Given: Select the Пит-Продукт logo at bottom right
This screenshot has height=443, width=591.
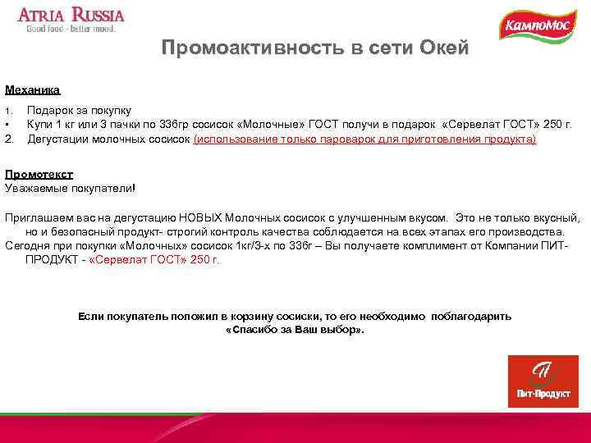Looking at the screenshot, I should [x=543, y=381].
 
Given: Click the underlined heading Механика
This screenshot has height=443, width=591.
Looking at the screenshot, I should [x=33, y=89].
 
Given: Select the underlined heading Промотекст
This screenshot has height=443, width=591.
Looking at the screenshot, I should [x=39, y=175].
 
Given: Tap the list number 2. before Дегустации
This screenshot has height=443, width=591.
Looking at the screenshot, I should [x=11, y=139].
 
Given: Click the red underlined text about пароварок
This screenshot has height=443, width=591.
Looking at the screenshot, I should [x=364, y=139].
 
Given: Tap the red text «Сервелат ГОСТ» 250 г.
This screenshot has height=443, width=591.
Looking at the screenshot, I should [x=153, y=259].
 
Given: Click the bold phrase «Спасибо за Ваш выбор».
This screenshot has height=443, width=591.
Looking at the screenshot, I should [x=295, y=329].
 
